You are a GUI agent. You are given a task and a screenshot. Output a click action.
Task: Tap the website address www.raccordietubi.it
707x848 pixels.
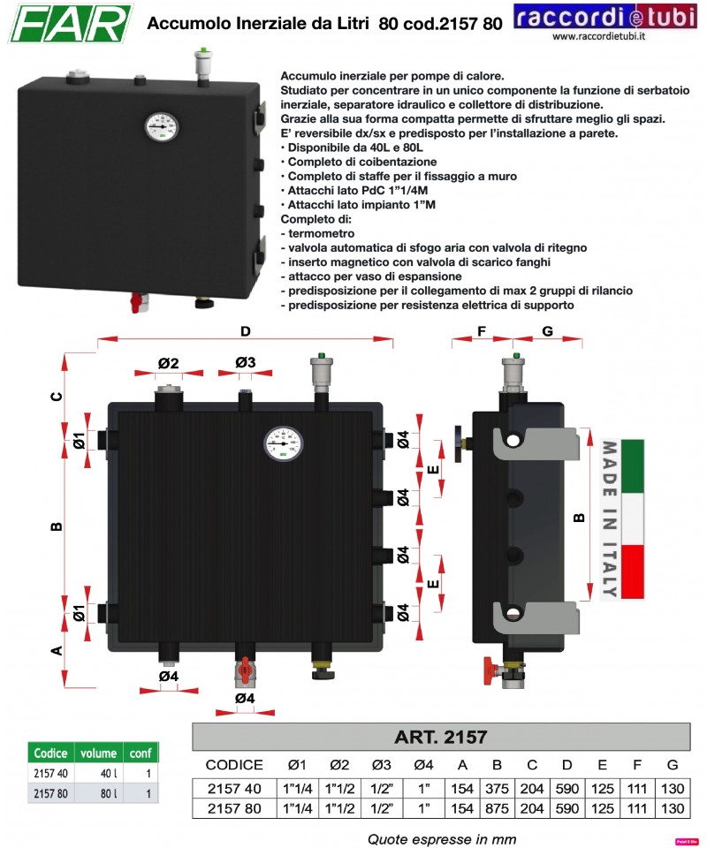(598, 36)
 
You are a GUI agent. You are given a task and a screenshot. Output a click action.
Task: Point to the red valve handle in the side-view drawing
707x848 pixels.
(489, 666)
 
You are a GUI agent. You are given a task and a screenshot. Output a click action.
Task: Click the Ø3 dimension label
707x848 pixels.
(245, 363)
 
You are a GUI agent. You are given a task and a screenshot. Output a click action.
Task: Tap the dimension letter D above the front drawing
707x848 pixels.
(246, 331)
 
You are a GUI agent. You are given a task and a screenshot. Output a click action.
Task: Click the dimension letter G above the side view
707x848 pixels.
(547, 331)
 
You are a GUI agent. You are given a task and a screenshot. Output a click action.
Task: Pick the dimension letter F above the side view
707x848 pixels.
(482, 331)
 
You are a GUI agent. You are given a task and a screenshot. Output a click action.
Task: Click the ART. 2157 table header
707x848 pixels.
(441, 736)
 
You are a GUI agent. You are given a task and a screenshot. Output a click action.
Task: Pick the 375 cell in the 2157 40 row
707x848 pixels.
(497, 787)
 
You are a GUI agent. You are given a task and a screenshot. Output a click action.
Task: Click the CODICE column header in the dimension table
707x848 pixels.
(234, 765)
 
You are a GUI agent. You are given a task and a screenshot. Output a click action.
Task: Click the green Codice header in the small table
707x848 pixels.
(50, 753)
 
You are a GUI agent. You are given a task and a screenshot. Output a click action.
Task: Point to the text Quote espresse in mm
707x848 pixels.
(441, 838)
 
